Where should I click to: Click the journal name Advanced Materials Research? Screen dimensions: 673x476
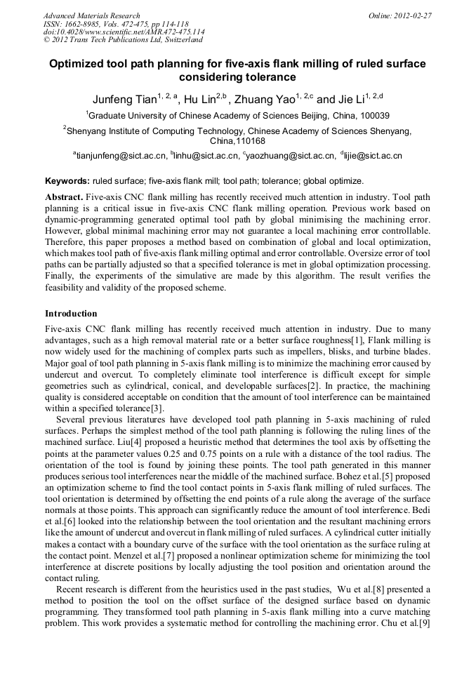(x=91, y=15)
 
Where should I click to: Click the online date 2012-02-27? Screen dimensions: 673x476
(x=413, y=15)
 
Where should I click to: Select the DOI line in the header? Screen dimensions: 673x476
(x=124, y=32)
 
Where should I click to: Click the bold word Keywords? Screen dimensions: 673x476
(x=67, y=180)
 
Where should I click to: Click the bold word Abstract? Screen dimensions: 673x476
(x=64, y=197)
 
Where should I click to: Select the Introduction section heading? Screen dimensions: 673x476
(x=71, y=314)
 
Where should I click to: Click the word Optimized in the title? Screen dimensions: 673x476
(x=80, y=64)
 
